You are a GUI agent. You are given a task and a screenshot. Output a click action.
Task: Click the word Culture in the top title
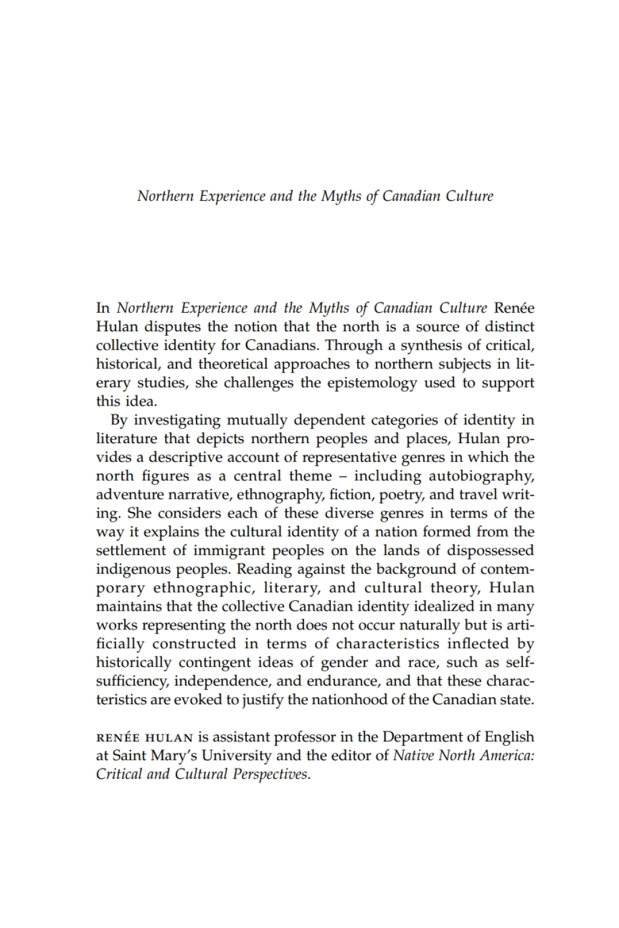point(470,196)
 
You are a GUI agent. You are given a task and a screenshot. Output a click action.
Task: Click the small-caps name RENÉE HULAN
point(144,738)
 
